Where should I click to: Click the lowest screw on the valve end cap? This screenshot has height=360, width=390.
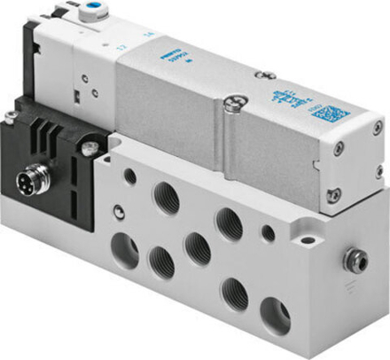(x=334, y=192)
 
